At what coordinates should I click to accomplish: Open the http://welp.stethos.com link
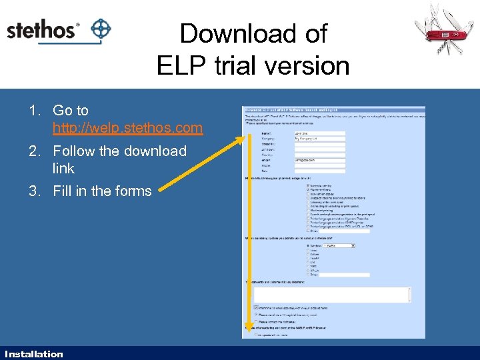coord(127,127)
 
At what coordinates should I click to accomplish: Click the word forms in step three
coord(132,191)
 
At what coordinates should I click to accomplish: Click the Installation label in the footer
coord(33,354)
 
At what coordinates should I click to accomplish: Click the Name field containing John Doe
coord(319,133)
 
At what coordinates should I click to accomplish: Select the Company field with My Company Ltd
coord(319,139)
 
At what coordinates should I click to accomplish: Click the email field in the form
coord(319,161)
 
